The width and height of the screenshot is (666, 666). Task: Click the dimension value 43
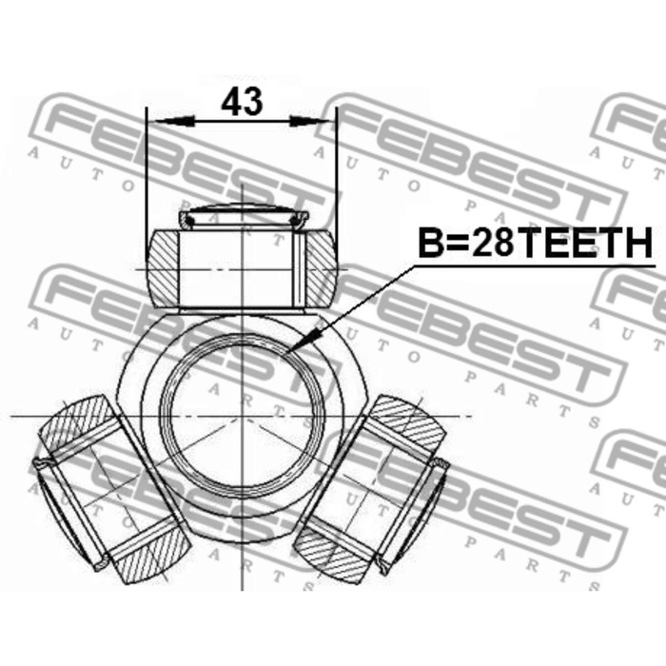242,102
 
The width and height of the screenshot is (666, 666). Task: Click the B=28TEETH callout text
536,243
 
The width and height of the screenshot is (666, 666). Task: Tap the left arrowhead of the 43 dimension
175,122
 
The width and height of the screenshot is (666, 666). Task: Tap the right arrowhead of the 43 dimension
309,122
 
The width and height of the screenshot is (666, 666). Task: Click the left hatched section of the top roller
163,268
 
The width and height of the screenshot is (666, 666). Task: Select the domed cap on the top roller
242,215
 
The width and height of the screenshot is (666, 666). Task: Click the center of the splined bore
242,416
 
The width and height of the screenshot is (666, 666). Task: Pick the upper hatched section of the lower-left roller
79,422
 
